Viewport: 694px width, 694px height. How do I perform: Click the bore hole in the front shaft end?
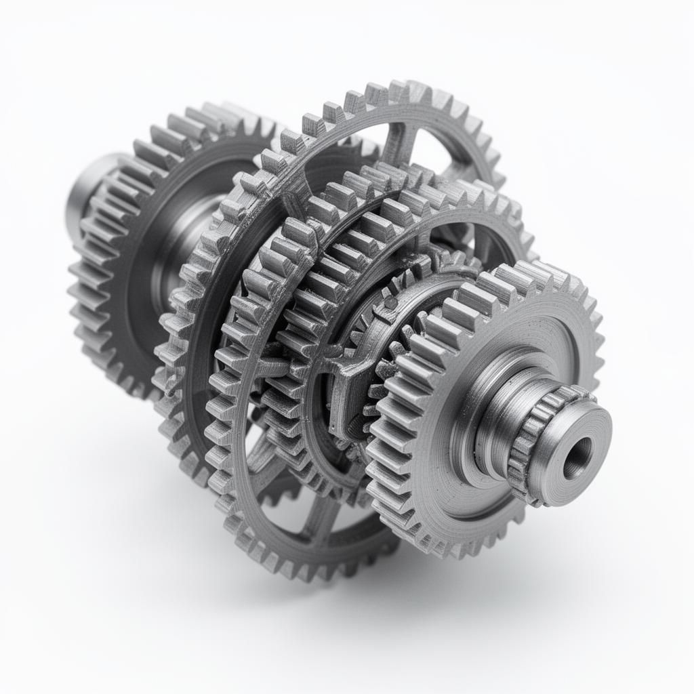pos(577,457)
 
